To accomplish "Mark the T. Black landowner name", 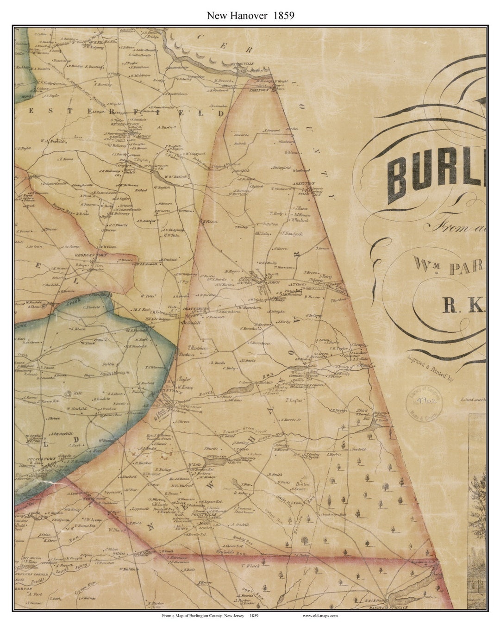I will pyautogui.click(x=248, y=566).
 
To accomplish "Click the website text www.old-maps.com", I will pyautogui.click(x=320, y=615).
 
